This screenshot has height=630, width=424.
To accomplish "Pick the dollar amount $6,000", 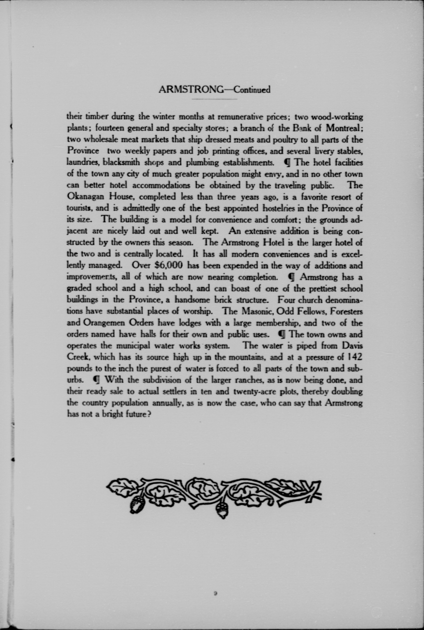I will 169,265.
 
